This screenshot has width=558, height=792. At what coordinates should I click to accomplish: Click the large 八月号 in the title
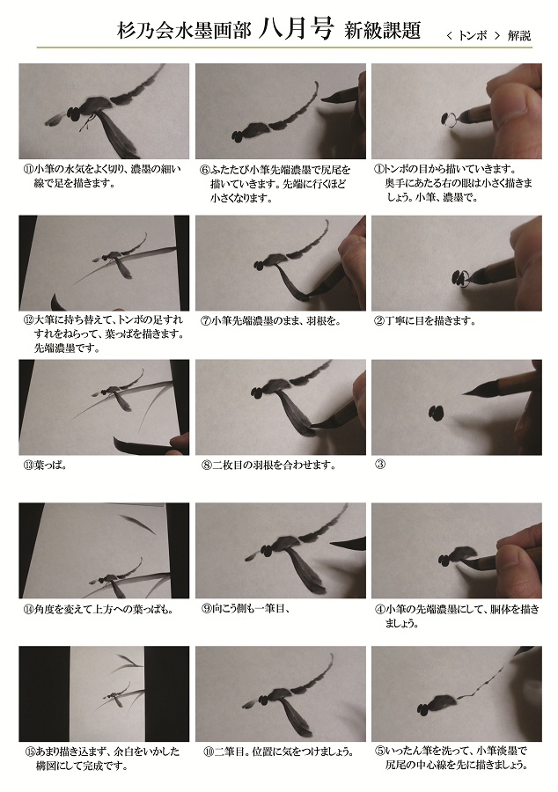(x=297, y=29)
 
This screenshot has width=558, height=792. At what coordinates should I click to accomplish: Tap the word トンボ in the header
(x=473, y=35)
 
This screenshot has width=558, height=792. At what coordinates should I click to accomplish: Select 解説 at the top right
(x=519, y=35)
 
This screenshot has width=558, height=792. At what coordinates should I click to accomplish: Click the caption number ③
(x=379, y=464)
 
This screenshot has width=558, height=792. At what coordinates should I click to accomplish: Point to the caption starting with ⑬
(x=44, y=465)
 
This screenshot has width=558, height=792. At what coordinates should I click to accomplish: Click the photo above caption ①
(x=457, y=111)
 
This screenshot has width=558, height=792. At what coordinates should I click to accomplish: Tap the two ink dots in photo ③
(x=436, y=413)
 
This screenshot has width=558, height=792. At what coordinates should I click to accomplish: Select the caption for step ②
(x=425, y=320)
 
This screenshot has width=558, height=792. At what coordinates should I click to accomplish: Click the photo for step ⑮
(x=104, y=693)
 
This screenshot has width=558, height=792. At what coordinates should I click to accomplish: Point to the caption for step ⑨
(x=246, y=609)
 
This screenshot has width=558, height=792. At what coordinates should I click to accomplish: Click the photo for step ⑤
(x=457, y=693)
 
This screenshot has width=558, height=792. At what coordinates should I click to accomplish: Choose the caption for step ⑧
(x=268, y=465)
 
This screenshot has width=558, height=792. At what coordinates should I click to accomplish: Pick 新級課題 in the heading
(x=382, y=31)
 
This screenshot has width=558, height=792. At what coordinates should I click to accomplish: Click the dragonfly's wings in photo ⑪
(x=117, y=131)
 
